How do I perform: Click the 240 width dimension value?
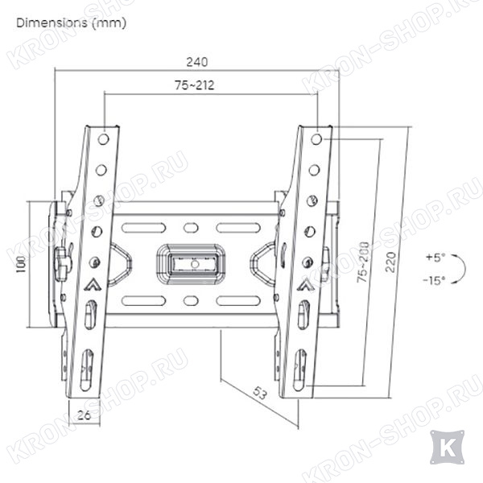tap(197, 62)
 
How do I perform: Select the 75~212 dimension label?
tap(194, 85)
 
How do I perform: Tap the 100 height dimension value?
tap(21, 264)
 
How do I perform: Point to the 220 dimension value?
tap(390, 262)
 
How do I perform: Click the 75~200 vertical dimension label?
tap(363, 262)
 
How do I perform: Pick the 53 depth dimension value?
tap(260, 393)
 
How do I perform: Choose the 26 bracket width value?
tap(84, 415)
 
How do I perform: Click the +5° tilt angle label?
tap(436, 257)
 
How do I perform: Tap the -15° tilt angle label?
tap(434, 280)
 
